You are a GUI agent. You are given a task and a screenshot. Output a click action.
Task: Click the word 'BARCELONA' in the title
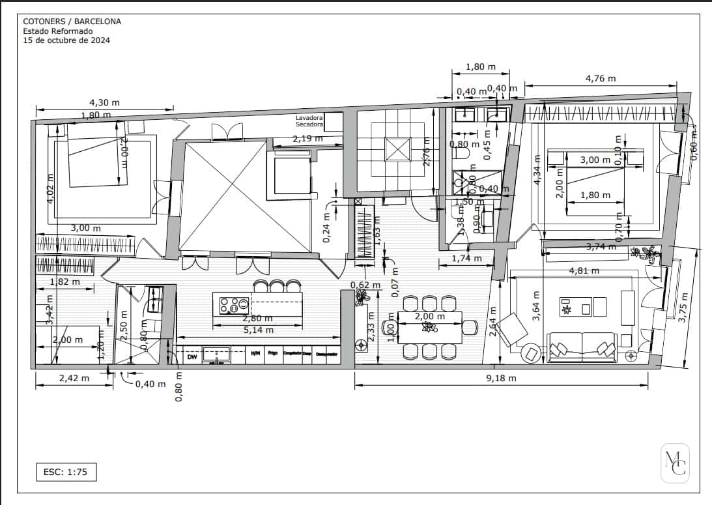click(x=98, y=22)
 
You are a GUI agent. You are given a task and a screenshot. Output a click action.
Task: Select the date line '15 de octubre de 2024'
click(x=66, y=40)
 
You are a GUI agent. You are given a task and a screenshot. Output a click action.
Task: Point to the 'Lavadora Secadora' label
click(x=309, y=121)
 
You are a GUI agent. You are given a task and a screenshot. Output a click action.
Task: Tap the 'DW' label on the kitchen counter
click(x=192, y=357)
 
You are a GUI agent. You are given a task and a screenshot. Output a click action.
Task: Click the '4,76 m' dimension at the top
click(x=600, y=78)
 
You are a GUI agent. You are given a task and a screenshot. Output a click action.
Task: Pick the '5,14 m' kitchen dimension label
click(x=259, y=330)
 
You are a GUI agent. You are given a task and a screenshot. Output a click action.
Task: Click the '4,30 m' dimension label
click(x=104, y=102)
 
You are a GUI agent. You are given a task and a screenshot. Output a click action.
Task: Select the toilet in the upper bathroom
click(x=462, y=154)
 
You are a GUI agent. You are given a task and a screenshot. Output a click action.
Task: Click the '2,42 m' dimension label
click(x=74, y=378)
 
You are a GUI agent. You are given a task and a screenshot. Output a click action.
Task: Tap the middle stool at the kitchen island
click(x=278, y=286)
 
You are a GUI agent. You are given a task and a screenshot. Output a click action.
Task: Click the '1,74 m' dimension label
click(x=467, y=259)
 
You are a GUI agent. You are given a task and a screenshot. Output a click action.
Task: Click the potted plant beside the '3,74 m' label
click(x=649, y=253)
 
